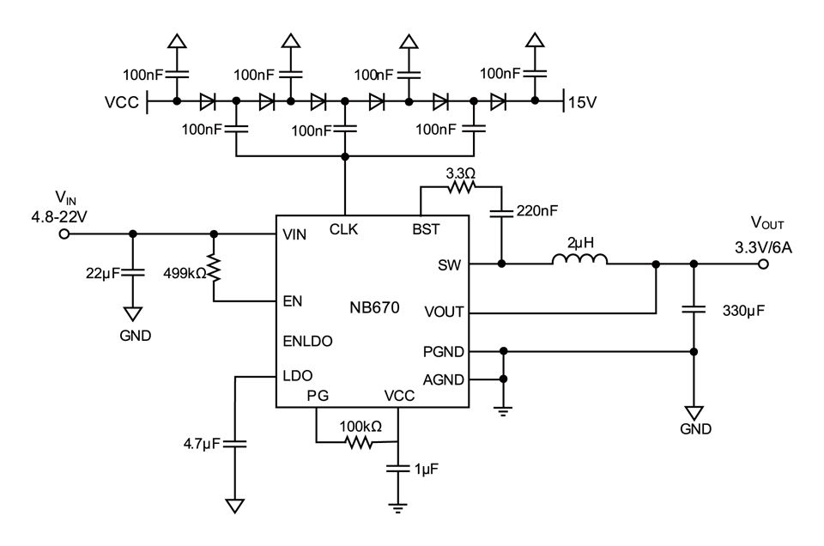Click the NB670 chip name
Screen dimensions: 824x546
pos(374,307)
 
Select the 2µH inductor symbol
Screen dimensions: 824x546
pos(579,258)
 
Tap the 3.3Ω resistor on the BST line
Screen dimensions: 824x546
pos(461,186)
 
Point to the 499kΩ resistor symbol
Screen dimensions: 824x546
pos(214,269)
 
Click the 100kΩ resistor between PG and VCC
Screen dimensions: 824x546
pos(360,442)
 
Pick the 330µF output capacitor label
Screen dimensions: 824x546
pos(743,311)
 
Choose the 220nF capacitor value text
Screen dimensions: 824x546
pos(537,210)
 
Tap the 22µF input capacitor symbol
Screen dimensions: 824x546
pos(133,272)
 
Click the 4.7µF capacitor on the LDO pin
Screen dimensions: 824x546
pos(235,444)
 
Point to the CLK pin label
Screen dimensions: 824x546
pos(343,229)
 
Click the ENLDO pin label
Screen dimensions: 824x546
pos(307,341)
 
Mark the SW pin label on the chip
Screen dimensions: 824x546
pos(449,265)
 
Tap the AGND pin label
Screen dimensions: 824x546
pos(444,379)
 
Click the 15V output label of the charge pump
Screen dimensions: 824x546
pos(582,102)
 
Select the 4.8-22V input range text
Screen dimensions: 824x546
pos(59,216)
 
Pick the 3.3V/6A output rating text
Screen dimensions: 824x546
pos(763,247)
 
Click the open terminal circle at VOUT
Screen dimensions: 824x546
pos(764,264)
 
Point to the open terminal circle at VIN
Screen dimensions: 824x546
pos(64,234)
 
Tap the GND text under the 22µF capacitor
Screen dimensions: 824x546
pos(136,336)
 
